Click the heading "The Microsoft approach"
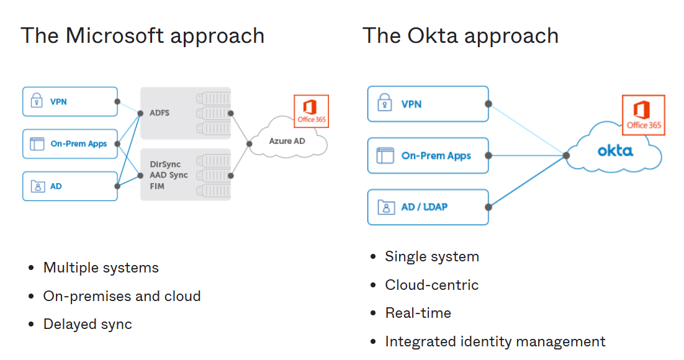pos(142,35)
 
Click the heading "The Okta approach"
pos(460,35)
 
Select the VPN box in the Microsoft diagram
pos(70,101)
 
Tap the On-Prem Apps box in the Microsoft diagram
pos(70,144)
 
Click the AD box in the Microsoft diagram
pos(70,186)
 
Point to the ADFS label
pos(160,113)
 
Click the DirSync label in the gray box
pos(164,164)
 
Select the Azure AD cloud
pos(287,142)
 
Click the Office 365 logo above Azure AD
pos(311,111)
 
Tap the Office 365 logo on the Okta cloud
pos(644,115)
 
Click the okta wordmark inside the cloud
pos(615,151)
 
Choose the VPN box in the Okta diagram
pos(428,104)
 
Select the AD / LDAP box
pos(428,207)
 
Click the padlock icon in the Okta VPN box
pos(385,104)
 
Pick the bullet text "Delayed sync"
pos(88,324)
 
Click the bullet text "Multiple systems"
pos(101,268)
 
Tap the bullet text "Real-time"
pos(418,313)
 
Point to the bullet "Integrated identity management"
pos(495,341)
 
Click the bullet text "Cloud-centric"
pos(431,285)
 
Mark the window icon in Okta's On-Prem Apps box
pos(385,155)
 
